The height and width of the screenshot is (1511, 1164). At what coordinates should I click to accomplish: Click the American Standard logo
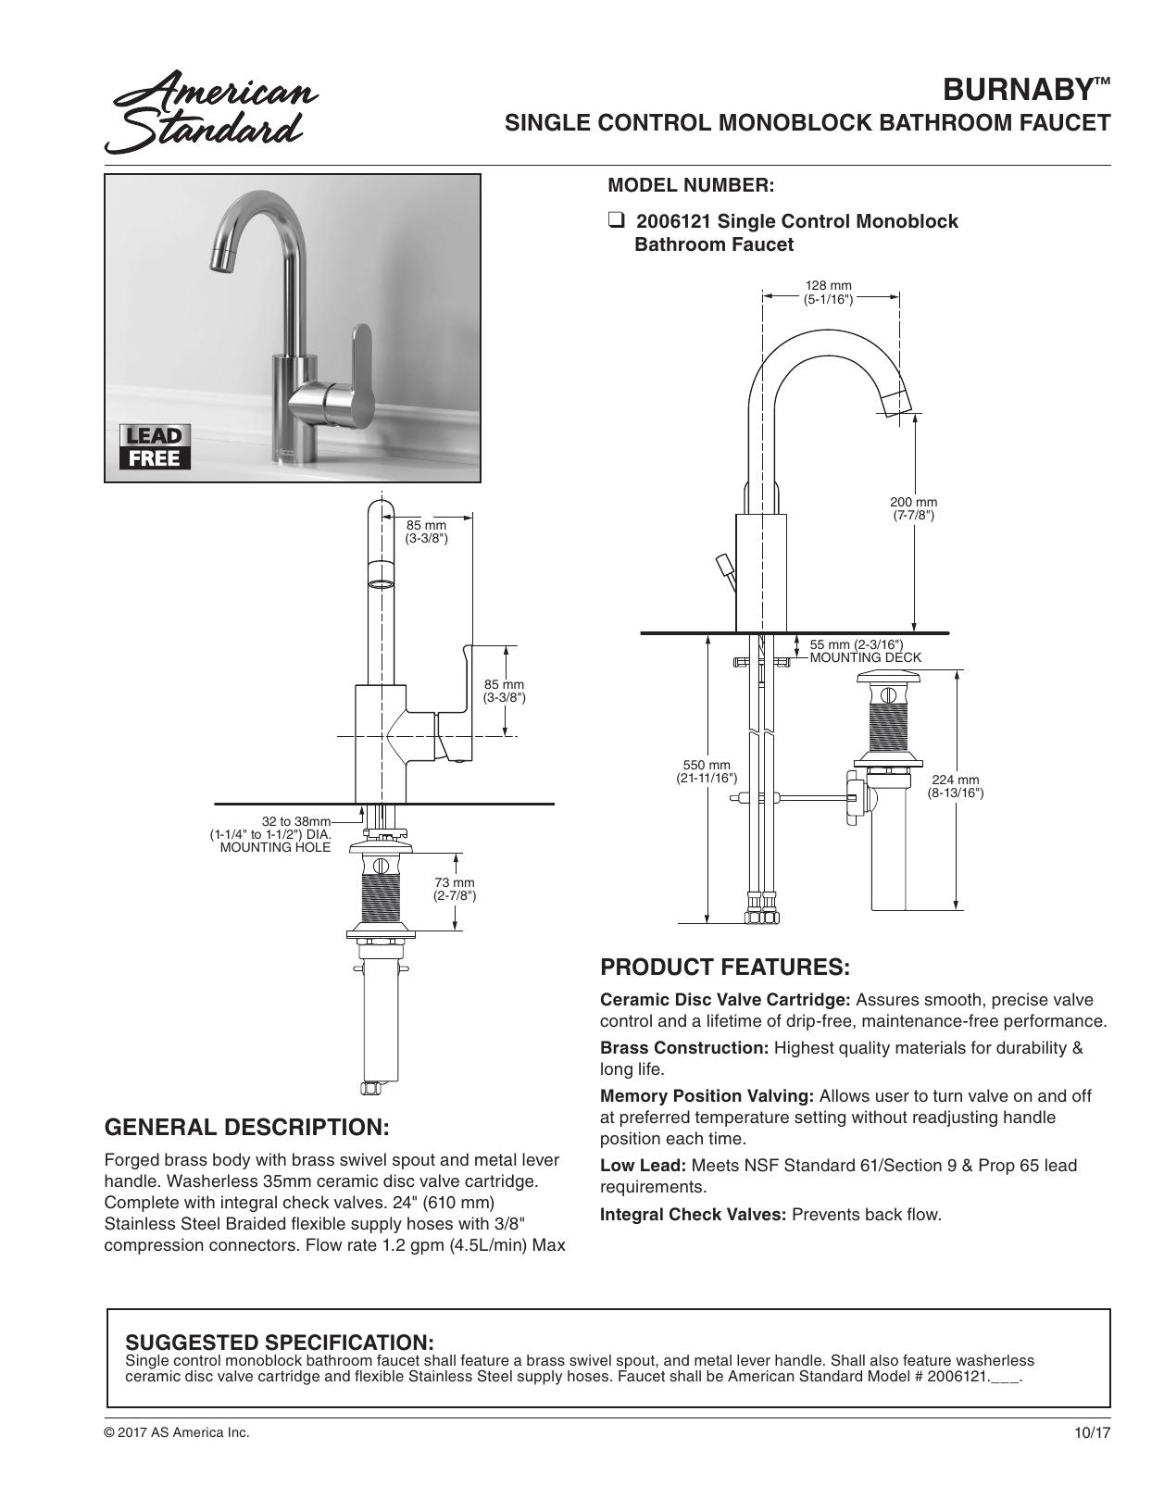click(x=211, y=112)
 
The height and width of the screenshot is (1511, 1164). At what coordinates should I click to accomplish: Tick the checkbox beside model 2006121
click(x=615, y=221)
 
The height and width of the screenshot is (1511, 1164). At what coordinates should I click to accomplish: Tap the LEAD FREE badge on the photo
click(x=155, y=447)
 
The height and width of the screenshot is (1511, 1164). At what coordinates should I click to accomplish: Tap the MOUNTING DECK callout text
click(x=865, y=657)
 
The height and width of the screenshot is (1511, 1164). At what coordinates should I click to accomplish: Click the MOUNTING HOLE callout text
click(x=275, y=847)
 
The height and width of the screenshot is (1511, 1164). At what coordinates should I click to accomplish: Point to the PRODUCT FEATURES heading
click(x=724, y=968)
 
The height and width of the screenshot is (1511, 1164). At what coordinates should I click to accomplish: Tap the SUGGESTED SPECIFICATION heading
click(x=279, y=1342)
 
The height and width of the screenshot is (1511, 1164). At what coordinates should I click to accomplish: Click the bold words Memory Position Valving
click(x=707, y=1096)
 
